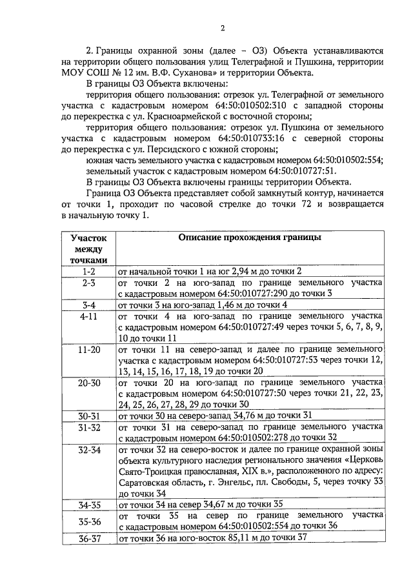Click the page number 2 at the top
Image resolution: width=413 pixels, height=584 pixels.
(x=223, y=28)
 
